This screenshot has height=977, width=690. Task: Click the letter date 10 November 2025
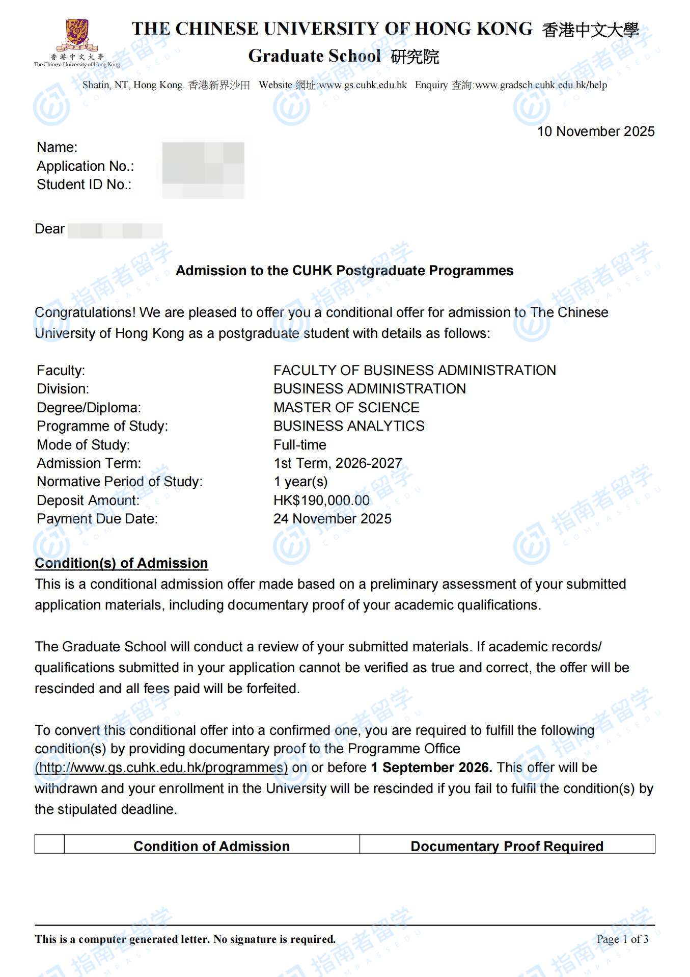coord(595,131)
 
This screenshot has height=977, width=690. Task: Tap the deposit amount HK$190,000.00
coord(321,500)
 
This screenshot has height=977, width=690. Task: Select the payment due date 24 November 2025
coord(332,519)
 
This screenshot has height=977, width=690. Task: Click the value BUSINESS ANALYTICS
coord(349,426)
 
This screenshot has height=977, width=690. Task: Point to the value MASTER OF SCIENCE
coord(346,408)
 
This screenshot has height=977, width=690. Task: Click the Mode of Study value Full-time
coord(299,445)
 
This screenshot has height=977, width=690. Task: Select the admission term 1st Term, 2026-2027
coord(338,463)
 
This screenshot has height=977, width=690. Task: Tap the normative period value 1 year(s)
coord(300,482)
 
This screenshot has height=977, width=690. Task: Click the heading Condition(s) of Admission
coord(121,563)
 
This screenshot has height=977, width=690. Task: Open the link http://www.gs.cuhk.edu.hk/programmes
coord(161,768)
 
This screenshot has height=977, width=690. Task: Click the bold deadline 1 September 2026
coord(431,768)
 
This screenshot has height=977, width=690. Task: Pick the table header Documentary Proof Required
coord(507,847)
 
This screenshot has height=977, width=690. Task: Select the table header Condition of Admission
coord(211,847)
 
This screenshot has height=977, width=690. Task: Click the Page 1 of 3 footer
coord(622,939)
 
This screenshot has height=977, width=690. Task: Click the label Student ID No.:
coord(84,184)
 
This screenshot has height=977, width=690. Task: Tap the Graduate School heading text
coord(314,56)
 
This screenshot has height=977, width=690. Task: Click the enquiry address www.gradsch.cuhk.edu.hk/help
coord(541,85)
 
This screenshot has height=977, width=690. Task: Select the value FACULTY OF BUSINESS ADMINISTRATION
coord(415,371)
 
